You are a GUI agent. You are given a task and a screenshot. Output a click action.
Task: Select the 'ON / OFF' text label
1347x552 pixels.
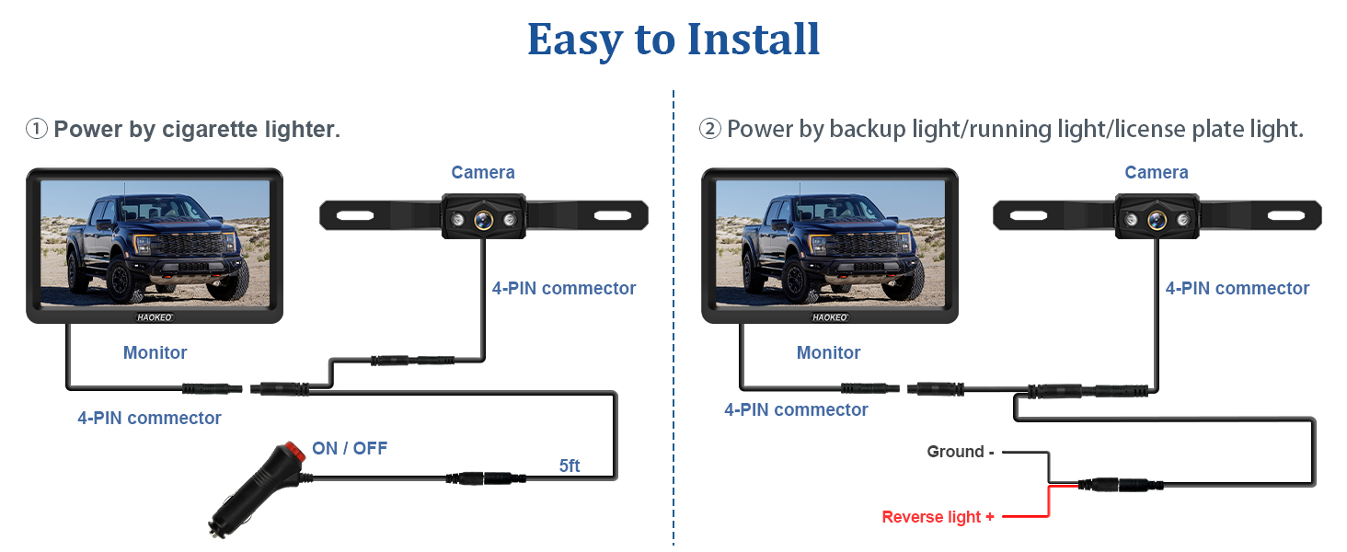[x=350, y=449]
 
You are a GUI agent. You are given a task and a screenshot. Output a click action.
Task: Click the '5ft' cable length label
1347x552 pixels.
[x=570, y=466]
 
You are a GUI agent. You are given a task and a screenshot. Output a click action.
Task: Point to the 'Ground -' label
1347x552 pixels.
[x=960, y=452]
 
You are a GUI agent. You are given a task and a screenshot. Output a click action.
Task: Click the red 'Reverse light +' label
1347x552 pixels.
[x=938, y=517]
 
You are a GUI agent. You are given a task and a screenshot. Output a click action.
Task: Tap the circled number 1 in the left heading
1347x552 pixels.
[x=36, y=130]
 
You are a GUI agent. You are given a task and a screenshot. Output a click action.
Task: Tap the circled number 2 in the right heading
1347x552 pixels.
[x=709, y=130]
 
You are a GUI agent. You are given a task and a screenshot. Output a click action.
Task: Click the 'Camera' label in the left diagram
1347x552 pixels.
[x=483, y=173]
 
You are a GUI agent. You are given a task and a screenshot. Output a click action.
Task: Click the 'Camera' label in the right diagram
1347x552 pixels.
[x=1157, y=173]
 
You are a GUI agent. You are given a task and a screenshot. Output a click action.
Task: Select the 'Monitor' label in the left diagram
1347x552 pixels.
[x=155, y=352]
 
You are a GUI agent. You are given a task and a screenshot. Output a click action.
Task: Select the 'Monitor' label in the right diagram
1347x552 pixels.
[x=829, y=352]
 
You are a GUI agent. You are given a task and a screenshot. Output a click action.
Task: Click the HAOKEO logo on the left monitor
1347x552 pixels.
[x=155, y=316]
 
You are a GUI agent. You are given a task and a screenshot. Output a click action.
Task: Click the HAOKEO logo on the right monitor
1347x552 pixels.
[x=829, y=316]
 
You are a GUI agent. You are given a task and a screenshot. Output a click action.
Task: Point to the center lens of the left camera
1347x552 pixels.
[x=482, y=219]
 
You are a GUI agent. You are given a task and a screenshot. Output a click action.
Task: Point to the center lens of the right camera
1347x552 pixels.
[x=1156, y=219]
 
